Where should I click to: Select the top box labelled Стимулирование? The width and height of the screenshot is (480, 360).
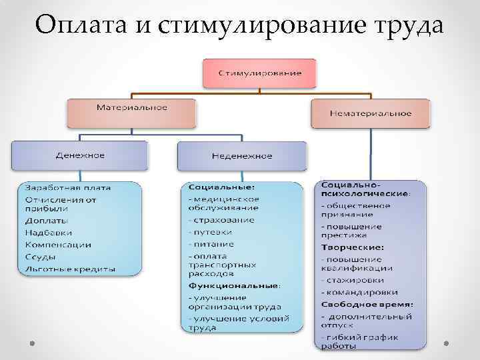pyautogui.click(x=260, y=72)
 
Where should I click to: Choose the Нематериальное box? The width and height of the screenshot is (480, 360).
pyautogui.click(x=370, y=113)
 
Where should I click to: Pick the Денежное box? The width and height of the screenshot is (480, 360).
pyautogui.click(x=79, y=155)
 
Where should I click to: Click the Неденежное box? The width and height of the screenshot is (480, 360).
pyautogui.click(x=241, y=156)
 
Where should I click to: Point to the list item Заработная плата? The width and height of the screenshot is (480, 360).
pyautogui.click(x=68, y=187)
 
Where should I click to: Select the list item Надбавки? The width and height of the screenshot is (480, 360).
pyautogui.click(x=45, y=233)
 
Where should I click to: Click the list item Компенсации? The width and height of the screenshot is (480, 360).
pyautogui.click(x=58, y=245)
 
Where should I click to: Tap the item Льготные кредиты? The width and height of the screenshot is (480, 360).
pyautogui.click(x=70, y=269)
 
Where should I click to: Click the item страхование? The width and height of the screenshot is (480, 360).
pyautogui.click(x=223, y=220)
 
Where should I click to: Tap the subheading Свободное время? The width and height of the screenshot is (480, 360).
pyautogui.click(x=366, y=304)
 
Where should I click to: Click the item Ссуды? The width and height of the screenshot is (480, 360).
pyautogui.click(x=41, y=257)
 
